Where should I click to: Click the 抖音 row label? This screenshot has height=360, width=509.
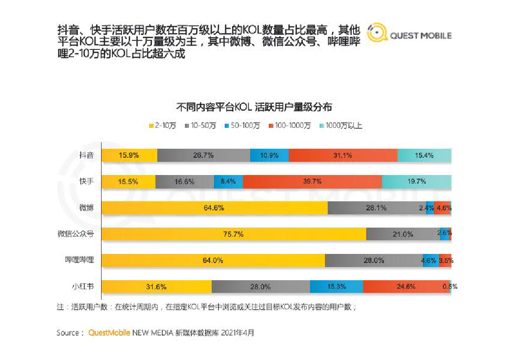click(87, 155)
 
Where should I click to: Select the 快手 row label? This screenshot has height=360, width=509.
click(87, 181)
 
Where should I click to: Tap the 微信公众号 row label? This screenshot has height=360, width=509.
click(76, 234)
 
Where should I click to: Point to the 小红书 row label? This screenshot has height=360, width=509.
click(83, 287)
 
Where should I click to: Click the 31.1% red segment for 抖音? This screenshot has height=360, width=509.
click(343, 155)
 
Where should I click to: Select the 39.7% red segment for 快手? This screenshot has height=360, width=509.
click(312, 181)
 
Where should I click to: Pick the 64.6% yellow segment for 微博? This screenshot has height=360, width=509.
click(214, 208)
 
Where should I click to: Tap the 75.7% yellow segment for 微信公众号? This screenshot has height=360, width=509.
click(234, 234)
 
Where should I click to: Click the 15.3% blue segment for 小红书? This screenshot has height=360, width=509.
click(336, 287)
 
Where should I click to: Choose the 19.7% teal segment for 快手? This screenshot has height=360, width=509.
click(417, 181)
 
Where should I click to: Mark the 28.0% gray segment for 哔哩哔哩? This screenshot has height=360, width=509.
click(374, 260)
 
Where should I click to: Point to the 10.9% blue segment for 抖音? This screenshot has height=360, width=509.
click(269, 155)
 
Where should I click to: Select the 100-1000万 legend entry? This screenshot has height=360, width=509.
click(290, 126)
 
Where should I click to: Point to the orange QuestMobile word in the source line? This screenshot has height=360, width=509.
click(109, 333)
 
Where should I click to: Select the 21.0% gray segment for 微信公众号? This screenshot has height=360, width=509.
click(402, 234)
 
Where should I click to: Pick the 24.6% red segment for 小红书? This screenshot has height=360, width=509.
click(406, 287)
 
